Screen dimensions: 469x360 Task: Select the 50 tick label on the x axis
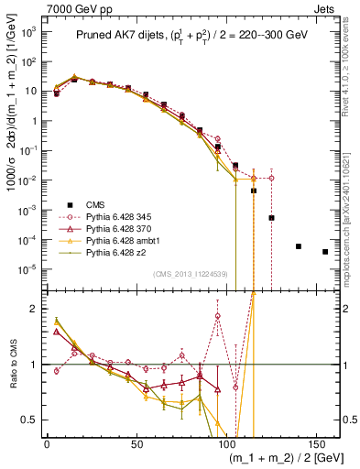tap(136, 443)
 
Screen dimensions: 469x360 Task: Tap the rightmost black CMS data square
tap(325, 252)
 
